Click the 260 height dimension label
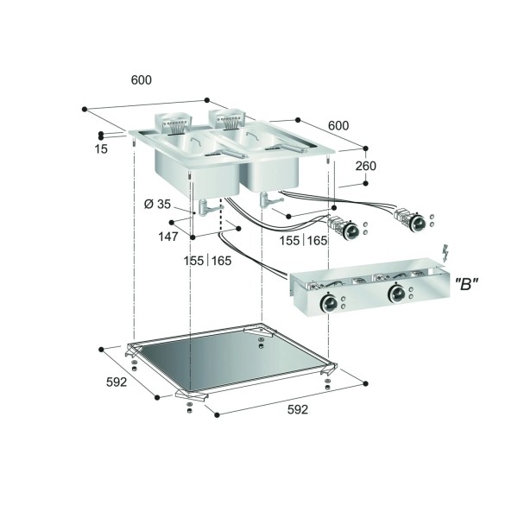point(366,166)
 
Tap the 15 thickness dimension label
point(101,149)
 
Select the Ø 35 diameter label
point(157,204)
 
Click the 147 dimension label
point(168,237)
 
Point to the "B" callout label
point(466,284)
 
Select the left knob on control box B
point(329,302)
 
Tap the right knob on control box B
point(396,293)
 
